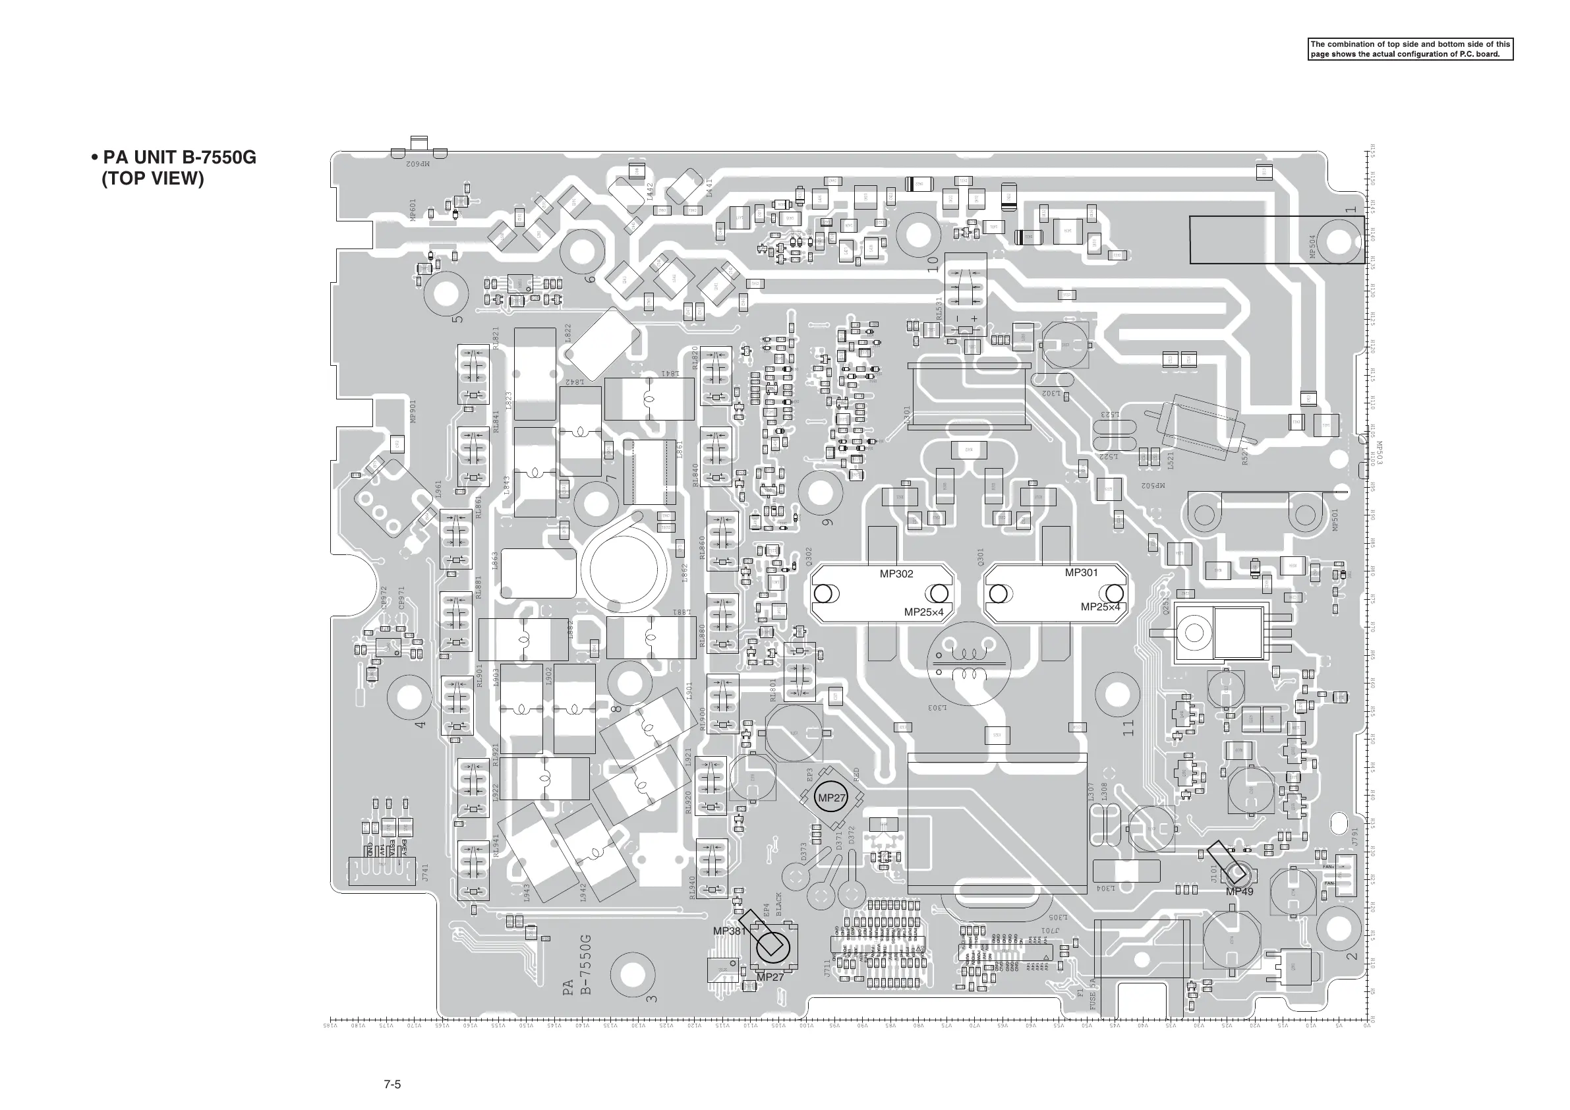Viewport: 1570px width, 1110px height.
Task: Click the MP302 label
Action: coord(896,574)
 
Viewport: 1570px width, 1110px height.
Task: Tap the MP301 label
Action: coord(1081,572)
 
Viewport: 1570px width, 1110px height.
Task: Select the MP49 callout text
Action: coord(1239,892)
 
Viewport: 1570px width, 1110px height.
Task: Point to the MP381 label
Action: coord(730,931)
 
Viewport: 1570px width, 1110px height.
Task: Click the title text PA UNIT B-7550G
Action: coord(179,158)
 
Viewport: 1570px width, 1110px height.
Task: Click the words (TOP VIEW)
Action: coord(152,179)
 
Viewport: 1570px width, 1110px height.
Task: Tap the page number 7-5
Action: coord(392,1084)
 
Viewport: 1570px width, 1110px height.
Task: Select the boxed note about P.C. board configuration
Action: coord(1410,49)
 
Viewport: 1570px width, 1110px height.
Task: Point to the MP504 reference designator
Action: coord(1312,247)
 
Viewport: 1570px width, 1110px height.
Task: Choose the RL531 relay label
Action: coord(939,308)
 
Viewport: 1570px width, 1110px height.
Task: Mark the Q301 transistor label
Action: coord(981,557)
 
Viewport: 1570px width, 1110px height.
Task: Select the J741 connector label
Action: coord(424,873)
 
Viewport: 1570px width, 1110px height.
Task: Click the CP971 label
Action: coord(401,597)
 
